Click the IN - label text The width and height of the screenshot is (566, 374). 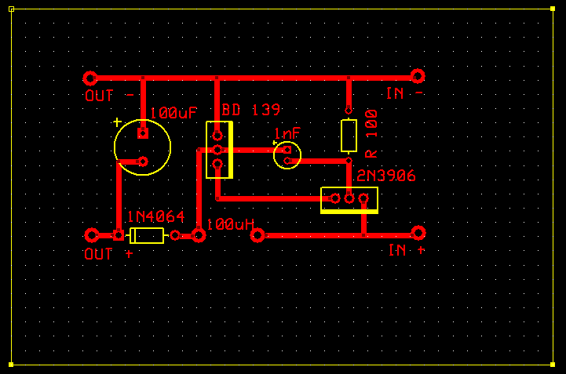pos(405,93)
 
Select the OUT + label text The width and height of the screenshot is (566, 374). pos(108,254)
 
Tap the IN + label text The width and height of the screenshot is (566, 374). pos(407,250)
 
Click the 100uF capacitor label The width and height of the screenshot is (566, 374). pos(173,114)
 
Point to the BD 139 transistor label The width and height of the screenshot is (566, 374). pos(250,110)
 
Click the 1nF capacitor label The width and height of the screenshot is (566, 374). pos(287,134)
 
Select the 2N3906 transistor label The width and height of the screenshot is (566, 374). pos(385,176)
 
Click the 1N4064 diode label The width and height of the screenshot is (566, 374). pos(155,216)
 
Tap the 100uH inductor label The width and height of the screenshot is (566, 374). pos(231,224)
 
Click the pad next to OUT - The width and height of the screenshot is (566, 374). pos(90,78)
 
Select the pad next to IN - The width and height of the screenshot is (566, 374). pos(418,75)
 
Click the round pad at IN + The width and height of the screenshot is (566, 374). pos(418,233)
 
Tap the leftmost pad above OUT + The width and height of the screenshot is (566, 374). pos(92,234)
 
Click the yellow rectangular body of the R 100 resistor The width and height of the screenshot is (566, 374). pos(349,136)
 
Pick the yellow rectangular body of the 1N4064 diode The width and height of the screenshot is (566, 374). pos(147,235)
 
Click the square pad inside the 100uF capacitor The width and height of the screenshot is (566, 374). pos(143,133)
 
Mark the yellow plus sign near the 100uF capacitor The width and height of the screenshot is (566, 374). pos(117,122)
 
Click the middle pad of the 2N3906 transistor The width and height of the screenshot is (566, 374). pos(349,198)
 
